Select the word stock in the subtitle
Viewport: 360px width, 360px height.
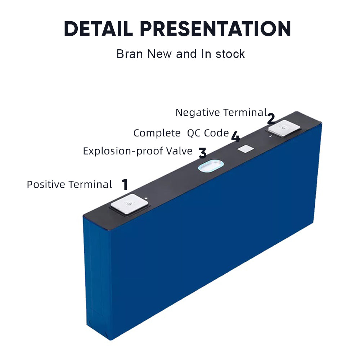click(230, 54)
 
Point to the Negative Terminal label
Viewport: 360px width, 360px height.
click(221, 113)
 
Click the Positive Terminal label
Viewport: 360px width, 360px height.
click(69, 185)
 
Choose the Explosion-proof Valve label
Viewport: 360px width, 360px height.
click(138, 151)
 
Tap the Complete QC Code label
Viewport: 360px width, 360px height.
click(181, 133)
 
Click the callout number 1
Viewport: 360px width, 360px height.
click(125, 185)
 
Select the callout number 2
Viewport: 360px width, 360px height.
click(271, 118)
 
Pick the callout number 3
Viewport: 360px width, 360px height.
click(202, 153)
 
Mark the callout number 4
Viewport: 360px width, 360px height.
click(235, 137)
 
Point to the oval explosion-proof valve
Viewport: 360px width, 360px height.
click(211, 166)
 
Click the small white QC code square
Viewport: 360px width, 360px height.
click(246, 149)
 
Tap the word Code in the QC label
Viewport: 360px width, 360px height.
click(216, 133)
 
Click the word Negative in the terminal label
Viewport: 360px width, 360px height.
click(198, 113)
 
